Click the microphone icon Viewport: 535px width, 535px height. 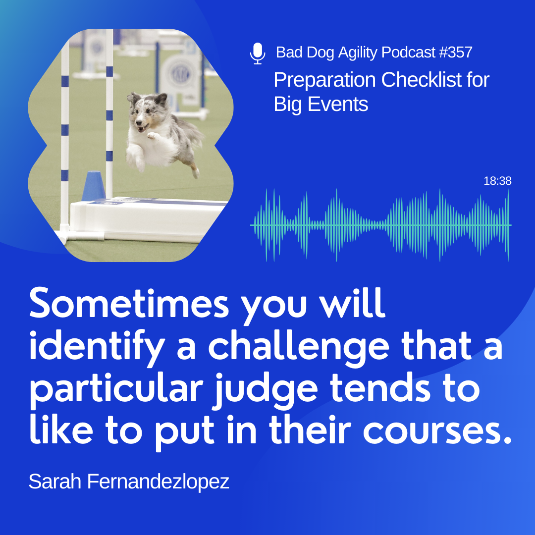pyautogui.click(x=258, y=53)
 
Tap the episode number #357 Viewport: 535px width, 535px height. pyautogui.click(x=456, y=52)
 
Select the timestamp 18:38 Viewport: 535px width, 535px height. pyautogui.click(x=497, y=181)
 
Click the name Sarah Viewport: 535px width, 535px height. pyautogui.click(x=55, y=481)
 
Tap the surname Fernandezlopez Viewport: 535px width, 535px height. pyautogui.click(x=158, y=482)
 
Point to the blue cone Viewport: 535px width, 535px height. pyautogui.click(x=94, y=185)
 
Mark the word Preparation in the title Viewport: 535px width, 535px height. pyautogui.click(x=324, y=80)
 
